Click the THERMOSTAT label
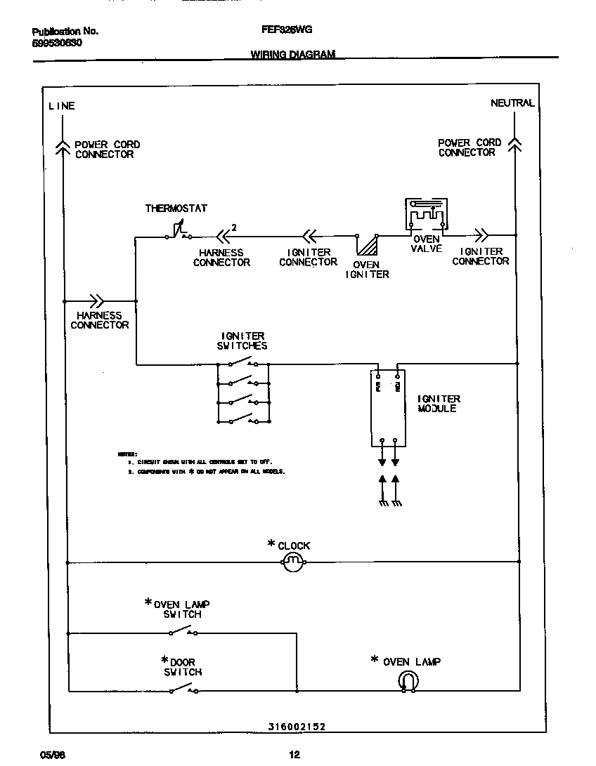pos(176,209)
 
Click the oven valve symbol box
pos(427,216)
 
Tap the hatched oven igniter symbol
pos(367,246)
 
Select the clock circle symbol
pos(292,562)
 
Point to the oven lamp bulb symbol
pos(408,680)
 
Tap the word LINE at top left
pos(61,106)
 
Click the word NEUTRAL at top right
pos(512,103)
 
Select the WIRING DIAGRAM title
pos(292,55)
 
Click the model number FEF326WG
pos(286,30)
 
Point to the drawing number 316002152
pos(297,728)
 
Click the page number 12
pos(294,755)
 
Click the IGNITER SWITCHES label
pos(242,341)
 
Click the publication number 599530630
pos(57,43)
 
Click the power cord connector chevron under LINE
pos(64,145)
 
